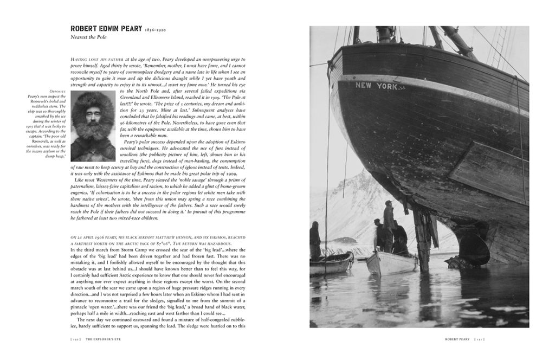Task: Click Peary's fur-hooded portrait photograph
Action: point(93,126)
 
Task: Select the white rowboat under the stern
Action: point(390,262)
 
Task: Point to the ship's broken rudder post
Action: point(423,239)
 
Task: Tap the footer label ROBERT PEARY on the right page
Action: point(453,339)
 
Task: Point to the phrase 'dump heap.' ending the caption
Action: point(58,156)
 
